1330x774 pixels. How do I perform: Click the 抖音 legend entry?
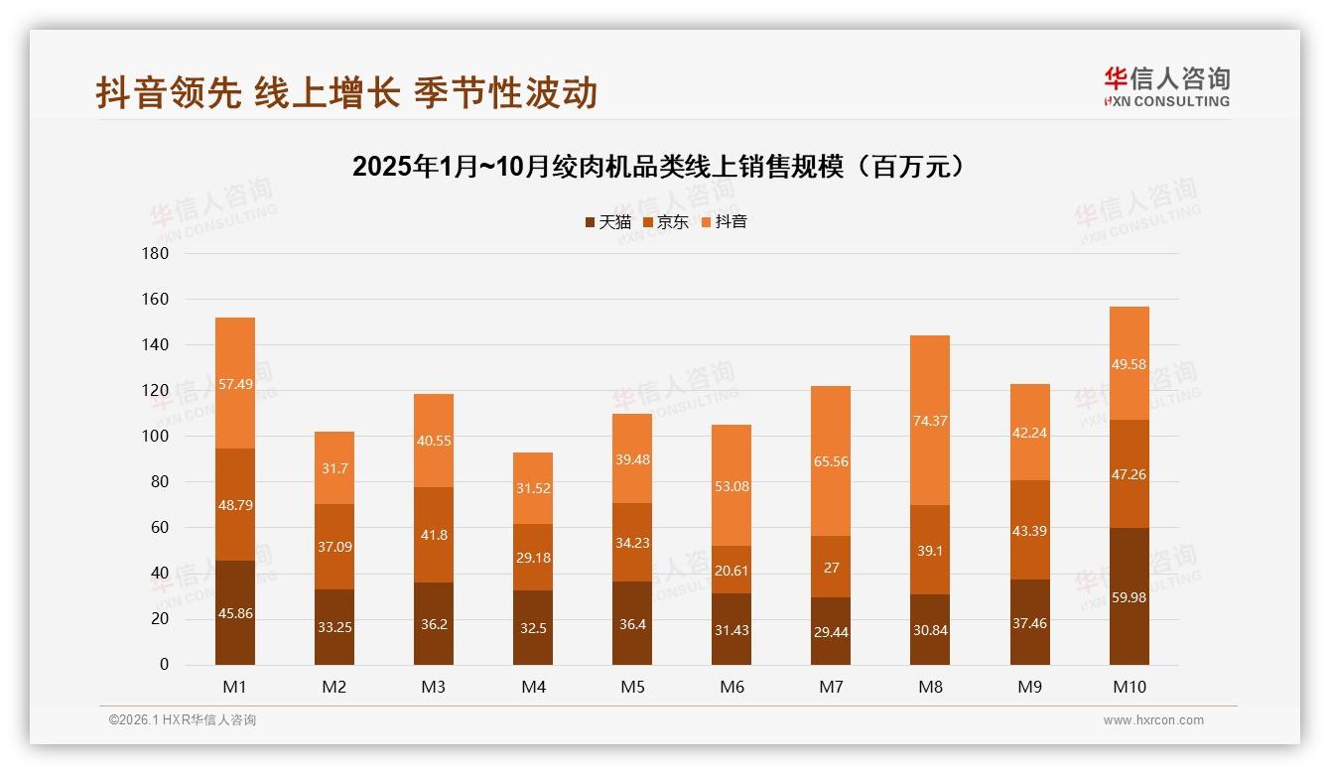724,222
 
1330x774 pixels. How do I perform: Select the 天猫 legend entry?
607,222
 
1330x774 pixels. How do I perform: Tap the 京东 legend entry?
665,222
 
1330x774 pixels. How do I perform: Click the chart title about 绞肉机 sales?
658,167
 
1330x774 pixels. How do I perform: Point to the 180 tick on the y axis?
156,254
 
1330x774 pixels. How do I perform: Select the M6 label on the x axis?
731,687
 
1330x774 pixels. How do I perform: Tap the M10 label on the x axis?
1129,687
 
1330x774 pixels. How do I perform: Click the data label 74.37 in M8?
930,421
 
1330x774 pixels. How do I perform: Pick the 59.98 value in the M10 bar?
1129,597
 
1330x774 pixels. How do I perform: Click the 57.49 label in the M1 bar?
235,384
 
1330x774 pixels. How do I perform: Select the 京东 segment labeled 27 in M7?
831,568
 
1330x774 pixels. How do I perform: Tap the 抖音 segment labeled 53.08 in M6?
731,485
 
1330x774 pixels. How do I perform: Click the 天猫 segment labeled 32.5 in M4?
533,628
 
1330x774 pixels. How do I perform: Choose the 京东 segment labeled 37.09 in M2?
334,547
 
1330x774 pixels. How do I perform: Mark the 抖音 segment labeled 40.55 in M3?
434,441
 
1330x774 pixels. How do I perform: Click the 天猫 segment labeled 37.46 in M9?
1029,622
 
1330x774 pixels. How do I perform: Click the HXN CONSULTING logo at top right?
1166,87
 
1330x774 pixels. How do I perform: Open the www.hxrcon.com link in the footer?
1153,720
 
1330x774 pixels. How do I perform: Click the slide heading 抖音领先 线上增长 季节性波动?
346,93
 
